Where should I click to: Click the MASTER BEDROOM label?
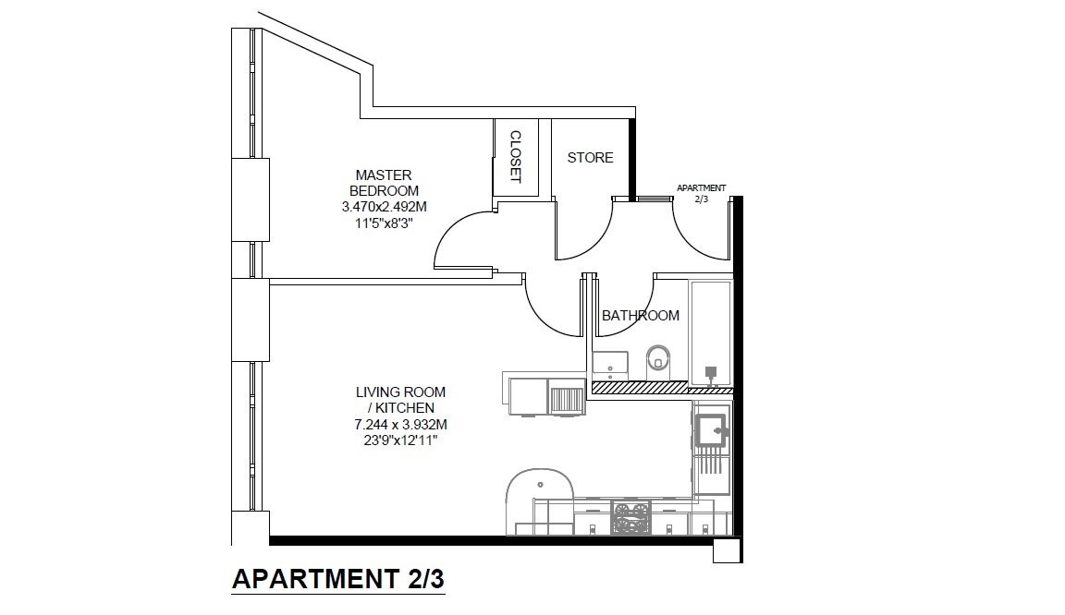[384, 183]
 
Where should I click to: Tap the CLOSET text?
[515, 157]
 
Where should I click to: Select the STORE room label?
[590, 158]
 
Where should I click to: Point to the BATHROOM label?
[641, 315]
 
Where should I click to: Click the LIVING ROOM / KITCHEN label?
[400, 400]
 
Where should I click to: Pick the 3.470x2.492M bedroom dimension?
[384, 207]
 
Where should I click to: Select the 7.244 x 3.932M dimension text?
[400, 425]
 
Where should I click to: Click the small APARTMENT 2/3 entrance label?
[701, 193]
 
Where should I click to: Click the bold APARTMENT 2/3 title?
[338, 579]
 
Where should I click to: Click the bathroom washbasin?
[610, 365]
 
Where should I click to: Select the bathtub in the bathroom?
[710, 333]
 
